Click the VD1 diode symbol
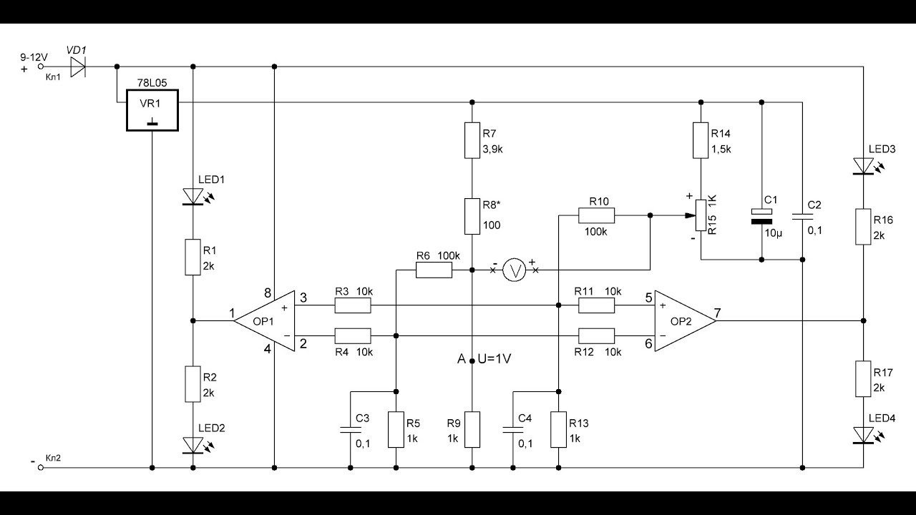(78, 67)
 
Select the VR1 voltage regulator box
(152, 110)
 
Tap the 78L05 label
(152, 83)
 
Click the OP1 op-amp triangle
(264, 321)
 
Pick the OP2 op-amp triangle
(686, 321)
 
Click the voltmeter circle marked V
(514, 270)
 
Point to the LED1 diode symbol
(193, 197)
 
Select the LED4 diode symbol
(863, 436)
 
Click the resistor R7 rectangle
(472, 140)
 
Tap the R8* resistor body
(472, 216)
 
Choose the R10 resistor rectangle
(596, 215)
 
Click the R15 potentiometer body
(701, 215)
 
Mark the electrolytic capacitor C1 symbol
(761, 217)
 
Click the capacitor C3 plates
(351, 430)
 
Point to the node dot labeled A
(472, 361)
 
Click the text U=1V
(494, 359)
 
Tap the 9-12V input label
(34, 57)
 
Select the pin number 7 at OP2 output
(717, 313)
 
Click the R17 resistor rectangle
(863, 378)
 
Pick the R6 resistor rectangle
(434, 270)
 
